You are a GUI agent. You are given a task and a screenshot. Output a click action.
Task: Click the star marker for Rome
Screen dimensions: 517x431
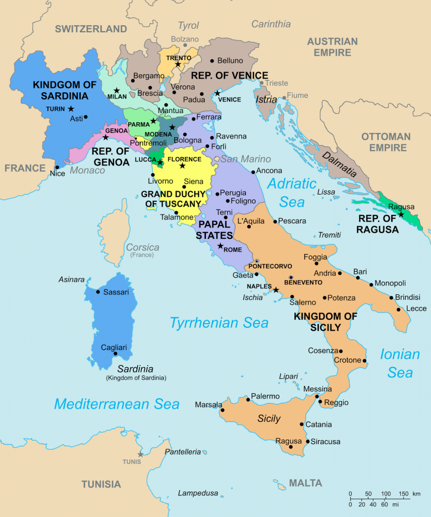pos(220,246)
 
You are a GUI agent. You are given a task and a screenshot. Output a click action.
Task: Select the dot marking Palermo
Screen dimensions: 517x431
pos(247,399)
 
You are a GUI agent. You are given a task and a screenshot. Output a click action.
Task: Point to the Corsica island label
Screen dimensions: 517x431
pos(142,247)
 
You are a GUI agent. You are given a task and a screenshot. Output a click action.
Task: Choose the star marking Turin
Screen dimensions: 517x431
pos(71,109)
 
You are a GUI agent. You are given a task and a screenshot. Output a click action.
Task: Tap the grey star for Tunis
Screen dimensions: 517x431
pos(140,454)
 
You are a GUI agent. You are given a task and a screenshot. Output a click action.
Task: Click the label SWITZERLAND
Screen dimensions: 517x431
pos(91,29)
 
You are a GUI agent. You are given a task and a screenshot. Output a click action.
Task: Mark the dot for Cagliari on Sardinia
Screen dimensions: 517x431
pos(116,354)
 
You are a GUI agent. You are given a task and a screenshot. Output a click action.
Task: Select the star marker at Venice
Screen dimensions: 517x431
pos(218,93)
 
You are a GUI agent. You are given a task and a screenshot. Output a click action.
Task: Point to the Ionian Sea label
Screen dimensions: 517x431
pos(400,363)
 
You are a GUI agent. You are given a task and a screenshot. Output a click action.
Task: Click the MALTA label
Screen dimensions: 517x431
pos(305,483)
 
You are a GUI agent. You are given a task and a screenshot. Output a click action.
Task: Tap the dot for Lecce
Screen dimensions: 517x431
pos(399,309)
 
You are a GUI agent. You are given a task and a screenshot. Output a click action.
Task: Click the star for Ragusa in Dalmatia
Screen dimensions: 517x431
pos(401,215)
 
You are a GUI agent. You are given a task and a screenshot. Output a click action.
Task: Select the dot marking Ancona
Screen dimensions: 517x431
pos(253,171)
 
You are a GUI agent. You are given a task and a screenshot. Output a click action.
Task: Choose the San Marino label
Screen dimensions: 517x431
pos(245,159)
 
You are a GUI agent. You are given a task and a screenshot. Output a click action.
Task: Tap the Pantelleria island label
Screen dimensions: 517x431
pos(182,452)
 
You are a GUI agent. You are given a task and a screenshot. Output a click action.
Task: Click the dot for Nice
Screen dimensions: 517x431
pos(57,168)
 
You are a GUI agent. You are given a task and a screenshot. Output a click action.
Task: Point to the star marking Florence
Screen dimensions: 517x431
pos(183,166)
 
